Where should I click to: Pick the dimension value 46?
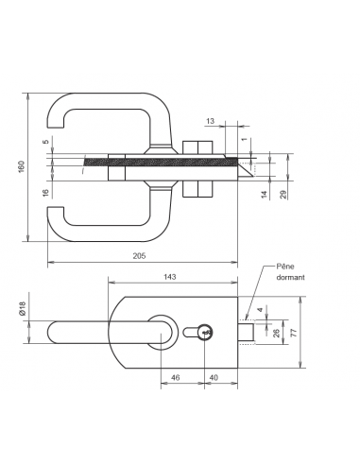(176, 377)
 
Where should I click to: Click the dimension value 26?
(275, 333)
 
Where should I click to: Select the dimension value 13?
(209, 121)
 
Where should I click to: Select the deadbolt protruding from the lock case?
(246, 332)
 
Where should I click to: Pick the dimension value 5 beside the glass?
(44, 143)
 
